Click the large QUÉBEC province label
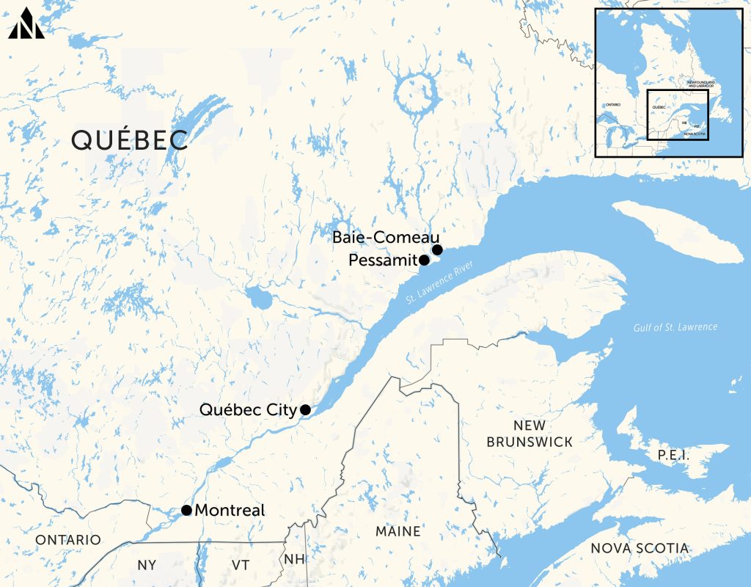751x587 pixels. (x=130, y=139)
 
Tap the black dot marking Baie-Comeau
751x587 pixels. (x=437, y=250)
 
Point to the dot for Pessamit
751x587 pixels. (x=424, y=260)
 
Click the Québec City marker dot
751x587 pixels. (x=305, y=409)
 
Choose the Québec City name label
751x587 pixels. (x=247, y=409)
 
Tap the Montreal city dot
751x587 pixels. (x=186, y=510)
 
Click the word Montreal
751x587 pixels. (x=230, y=510)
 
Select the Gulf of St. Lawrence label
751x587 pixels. (x=675, y=327)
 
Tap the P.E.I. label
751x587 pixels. (x=672, y=455)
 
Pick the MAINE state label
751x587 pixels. (x=398, y=531)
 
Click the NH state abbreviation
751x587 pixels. (x=294, y=559)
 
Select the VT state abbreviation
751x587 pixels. (x=241, y=565)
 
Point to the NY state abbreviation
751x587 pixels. (x=147, y=565)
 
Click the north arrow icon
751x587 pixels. (x=27, y=23)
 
